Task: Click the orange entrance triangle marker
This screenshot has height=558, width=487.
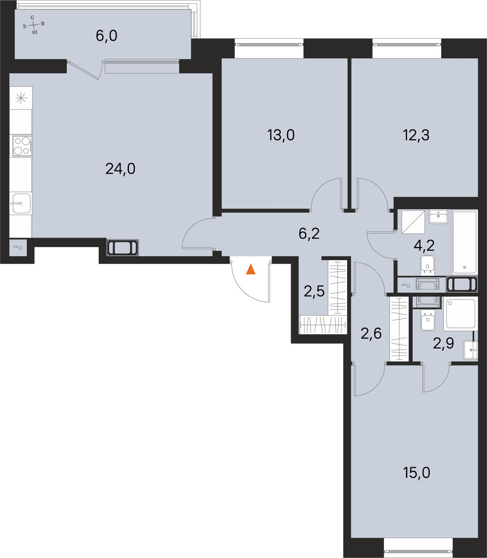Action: click(x=251, y=269)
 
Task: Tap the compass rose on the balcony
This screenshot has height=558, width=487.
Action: click(x=33, y=25)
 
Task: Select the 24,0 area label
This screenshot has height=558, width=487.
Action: click(x=120, y=168)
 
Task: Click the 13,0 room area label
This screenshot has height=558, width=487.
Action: click(x=281, y=135)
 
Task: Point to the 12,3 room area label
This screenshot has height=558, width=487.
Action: click(x=415, y=135)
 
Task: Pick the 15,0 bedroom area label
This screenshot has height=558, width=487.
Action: click(x=417, y=473)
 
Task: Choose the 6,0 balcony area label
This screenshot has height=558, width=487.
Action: click(x=107, y=36)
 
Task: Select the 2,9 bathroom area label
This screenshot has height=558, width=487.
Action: click(x=443, y=343)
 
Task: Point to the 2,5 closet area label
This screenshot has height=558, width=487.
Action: click(x=314, y=291)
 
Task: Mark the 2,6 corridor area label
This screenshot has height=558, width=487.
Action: click(x=371, y=334)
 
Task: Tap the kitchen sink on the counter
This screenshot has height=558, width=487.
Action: click(x=21, y=203)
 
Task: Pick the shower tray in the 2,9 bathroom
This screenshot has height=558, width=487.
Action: click(x=460, y=314)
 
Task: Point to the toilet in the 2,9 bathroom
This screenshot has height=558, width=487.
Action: click(x=427, y=321)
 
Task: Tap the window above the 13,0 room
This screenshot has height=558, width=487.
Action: click(x=269, y=45)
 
